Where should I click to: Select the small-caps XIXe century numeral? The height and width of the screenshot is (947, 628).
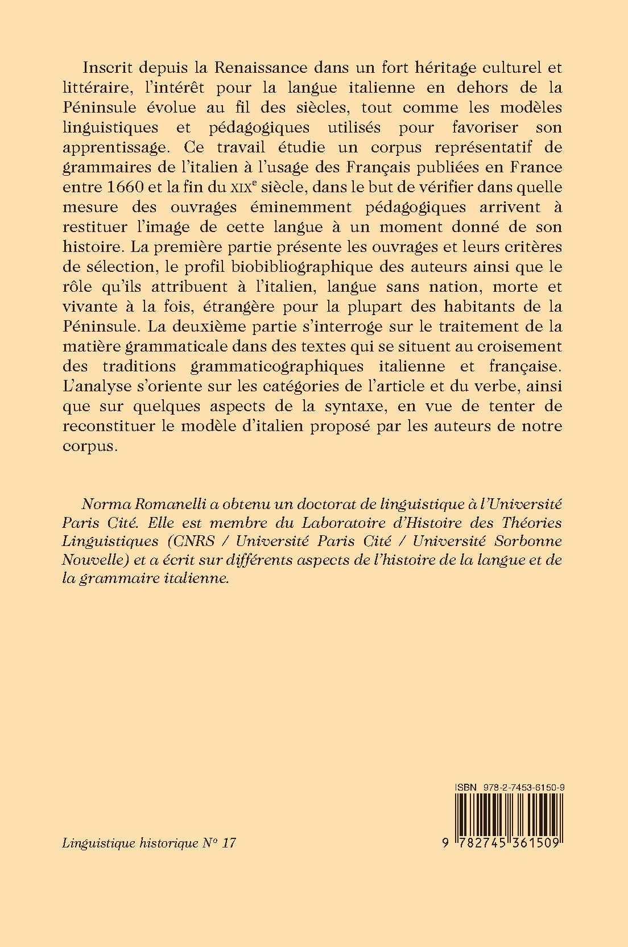click(x=274, y=187)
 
